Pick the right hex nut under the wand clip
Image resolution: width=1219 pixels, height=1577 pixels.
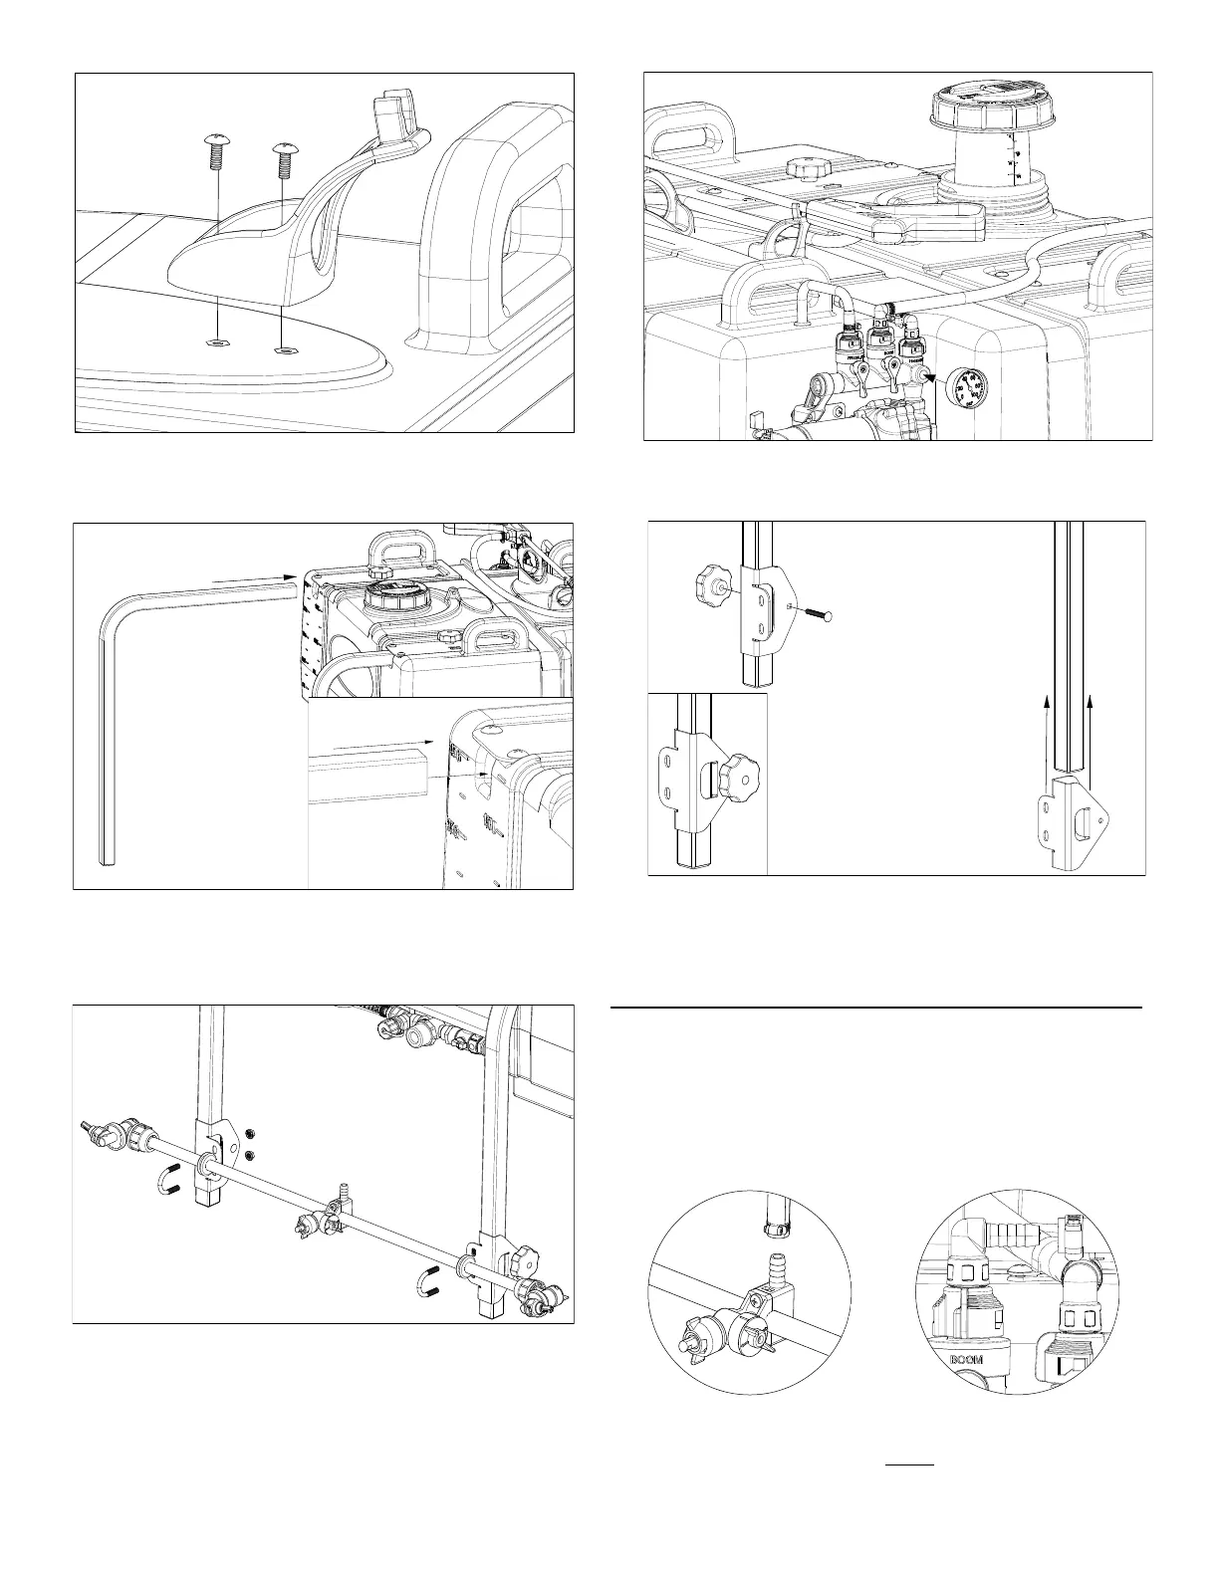coord(282,349)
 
